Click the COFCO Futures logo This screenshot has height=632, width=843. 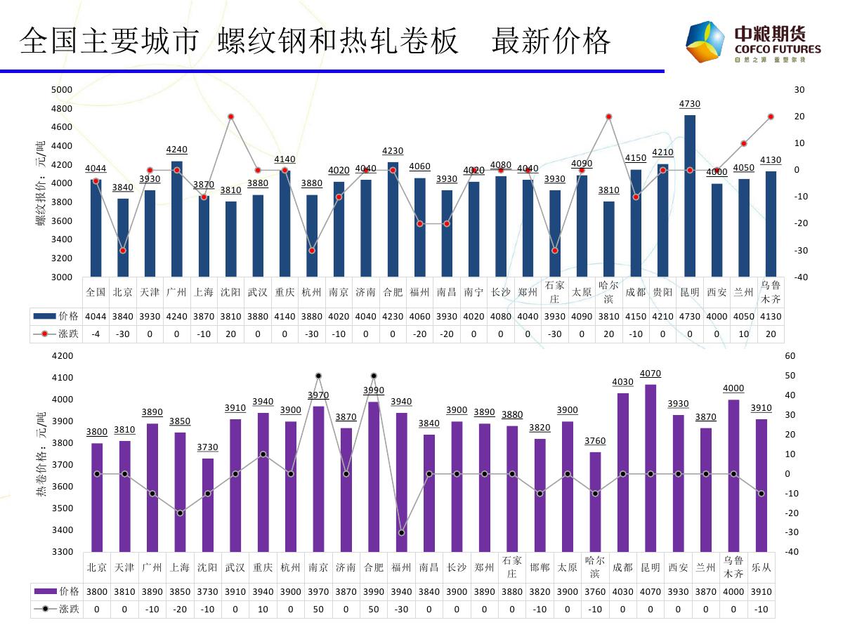point(752,42)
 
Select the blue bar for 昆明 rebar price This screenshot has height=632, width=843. point(690,197)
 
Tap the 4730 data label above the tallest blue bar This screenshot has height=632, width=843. point(690,104)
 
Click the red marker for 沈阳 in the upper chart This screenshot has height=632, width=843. point(230,117)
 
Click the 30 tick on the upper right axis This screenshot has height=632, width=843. point(799,90)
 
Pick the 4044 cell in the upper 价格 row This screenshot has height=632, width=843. point(96,316)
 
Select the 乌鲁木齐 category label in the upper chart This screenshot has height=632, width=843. point(771,291)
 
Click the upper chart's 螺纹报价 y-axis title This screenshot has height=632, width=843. point(40,183)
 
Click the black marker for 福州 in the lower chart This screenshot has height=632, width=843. point(402,533)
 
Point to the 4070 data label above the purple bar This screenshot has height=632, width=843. point(651,374)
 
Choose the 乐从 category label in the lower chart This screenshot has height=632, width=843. point(762,567)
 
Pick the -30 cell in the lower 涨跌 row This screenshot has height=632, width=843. point(401,610)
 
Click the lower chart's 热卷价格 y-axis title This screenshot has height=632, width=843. point(40,456)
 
